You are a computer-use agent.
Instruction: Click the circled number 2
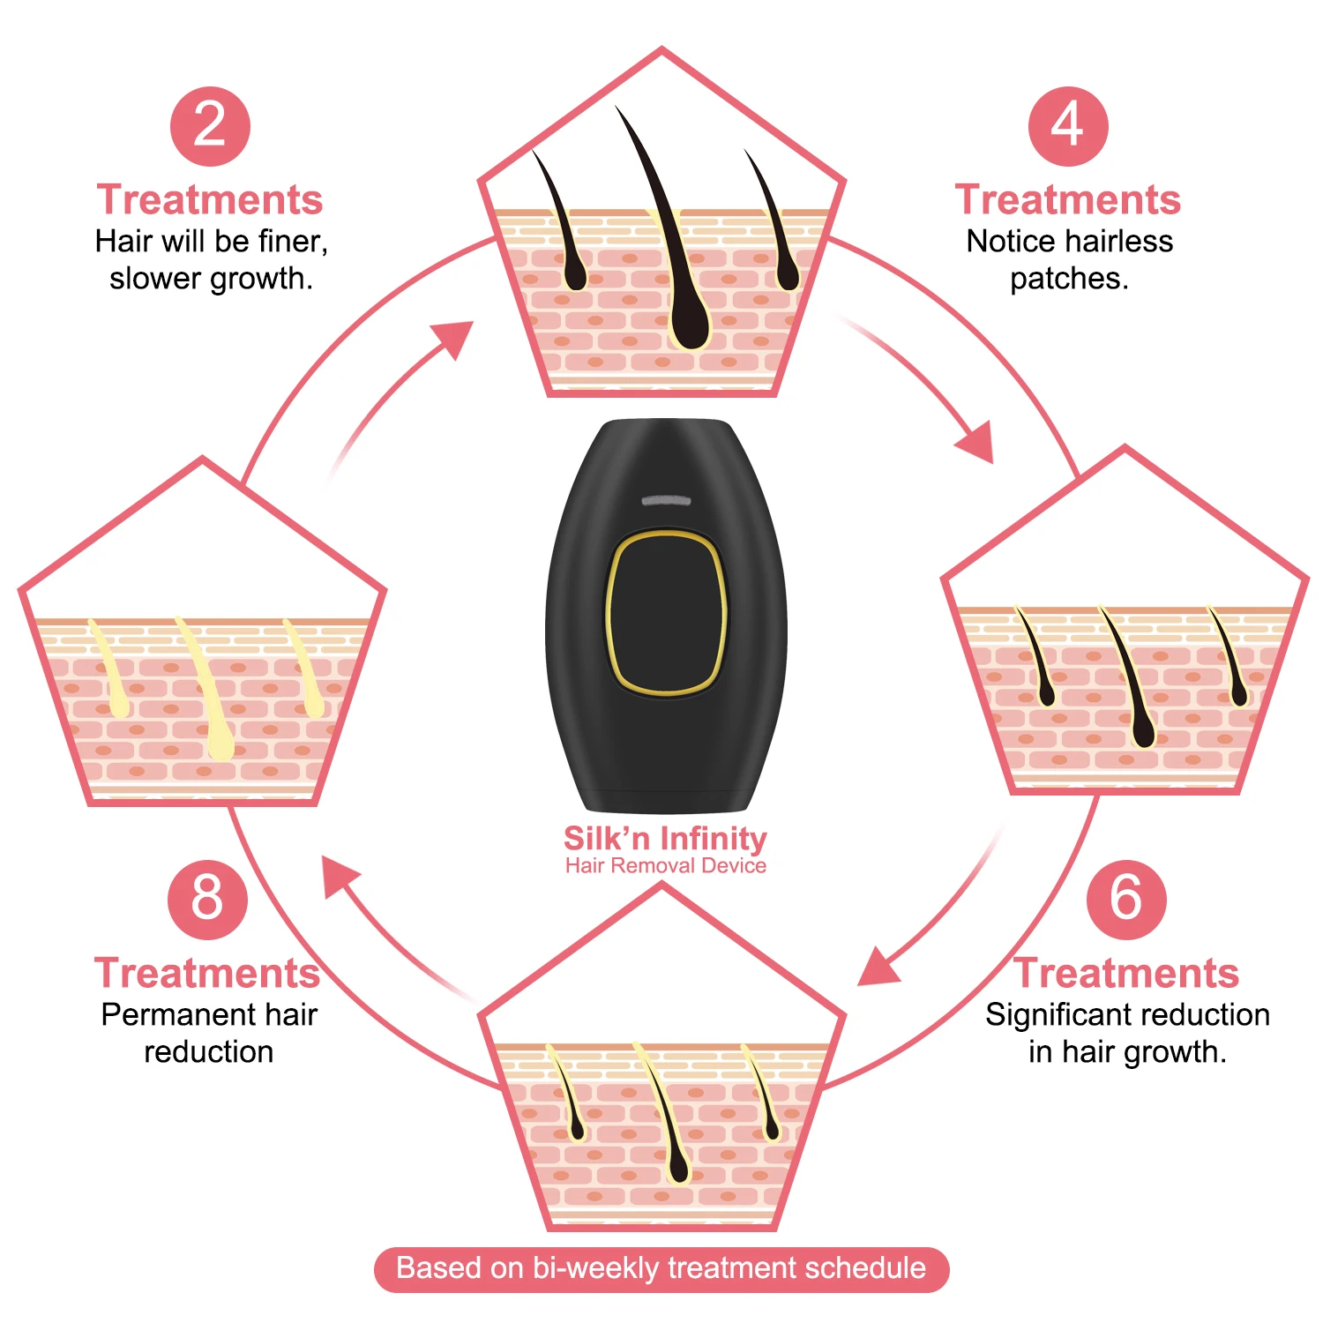tap(210, 126)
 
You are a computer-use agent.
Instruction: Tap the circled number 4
tap(1067, 126)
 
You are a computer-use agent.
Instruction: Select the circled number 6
tap(1125, 899)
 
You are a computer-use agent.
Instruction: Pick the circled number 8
tap(207, 899)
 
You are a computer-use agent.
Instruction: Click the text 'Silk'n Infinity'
tap(665, 837)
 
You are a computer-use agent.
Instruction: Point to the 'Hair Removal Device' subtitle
tap(665, 866)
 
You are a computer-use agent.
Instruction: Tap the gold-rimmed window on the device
tap(666, 613)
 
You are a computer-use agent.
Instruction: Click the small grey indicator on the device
tap(666, 501)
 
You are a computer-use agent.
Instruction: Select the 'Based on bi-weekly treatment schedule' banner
tap(661, 1268)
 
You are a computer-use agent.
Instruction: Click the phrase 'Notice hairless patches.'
tap(1069, 259)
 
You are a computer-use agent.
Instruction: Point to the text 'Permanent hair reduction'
tap(209, 1033)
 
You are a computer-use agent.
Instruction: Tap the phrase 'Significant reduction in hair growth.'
tap(1127, 1033)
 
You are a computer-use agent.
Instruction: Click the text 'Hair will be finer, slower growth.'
tap(211, 259)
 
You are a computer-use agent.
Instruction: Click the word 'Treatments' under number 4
tap(1067, 200)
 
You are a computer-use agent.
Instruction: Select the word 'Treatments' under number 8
tap(207, 974)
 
